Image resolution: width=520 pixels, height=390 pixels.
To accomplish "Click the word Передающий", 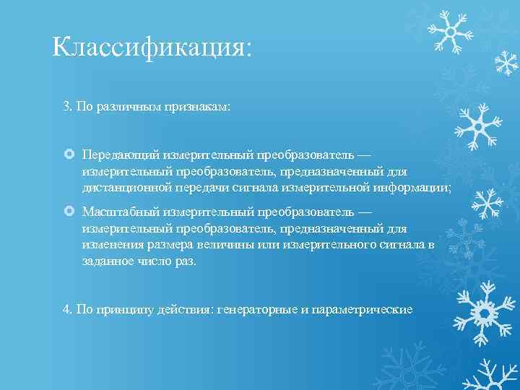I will [x=121, y=155].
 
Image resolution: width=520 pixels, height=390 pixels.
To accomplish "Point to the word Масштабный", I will [x=121, y=212].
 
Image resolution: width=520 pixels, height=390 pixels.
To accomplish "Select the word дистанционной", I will [x=126, y=187].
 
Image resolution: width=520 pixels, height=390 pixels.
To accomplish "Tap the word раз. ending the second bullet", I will [x=185, y=260].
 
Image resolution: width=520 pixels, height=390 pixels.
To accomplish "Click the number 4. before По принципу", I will [x=68, y=309].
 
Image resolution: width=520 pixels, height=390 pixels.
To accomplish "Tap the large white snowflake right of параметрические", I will [x=482, y=312].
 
